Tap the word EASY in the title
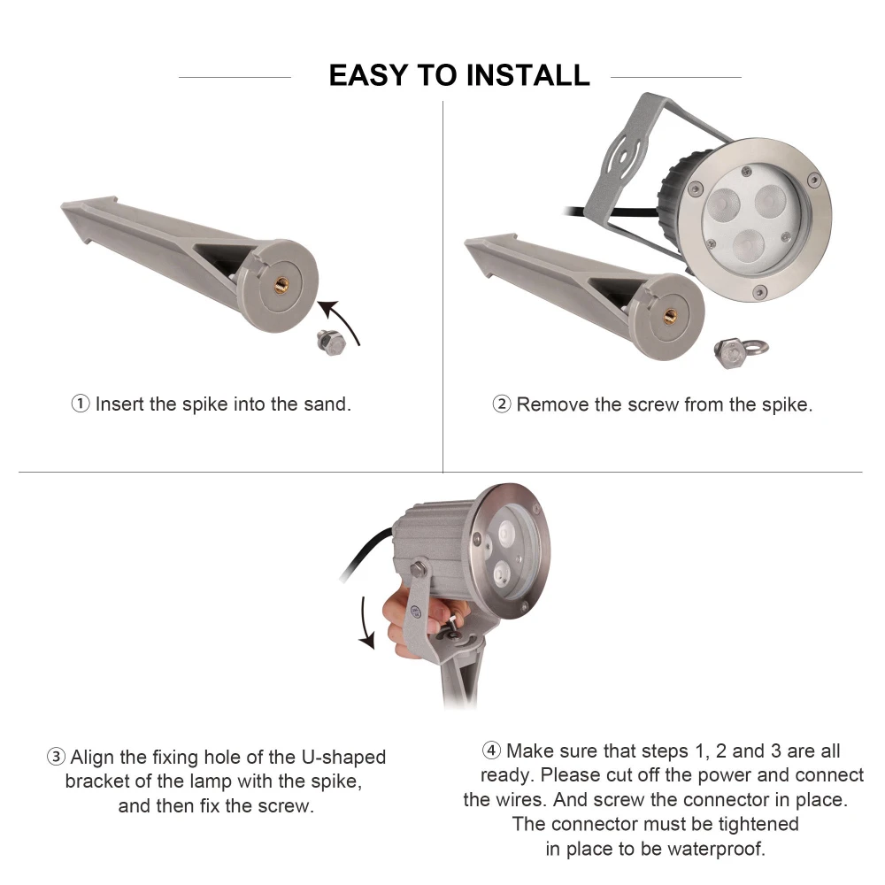(368, 75)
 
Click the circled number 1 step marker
(81, 404)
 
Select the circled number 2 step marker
(501, 404)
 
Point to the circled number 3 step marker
(56, 757)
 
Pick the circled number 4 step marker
(491, 750)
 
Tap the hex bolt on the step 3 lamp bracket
(419, 567)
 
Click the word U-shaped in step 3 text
(344, 757)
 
